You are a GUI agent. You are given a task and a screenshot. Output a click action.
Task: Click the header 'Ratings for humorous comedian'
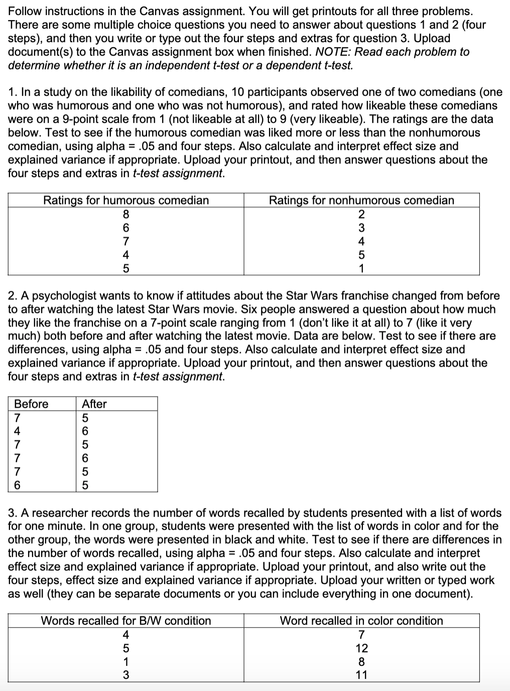point(125,200)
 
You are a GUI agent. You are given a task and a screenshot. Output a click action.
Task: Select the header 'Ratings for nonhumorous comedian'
point(361,200)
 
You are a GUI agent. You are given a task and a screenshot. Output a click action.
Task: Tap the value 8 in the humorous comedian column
point(126,214)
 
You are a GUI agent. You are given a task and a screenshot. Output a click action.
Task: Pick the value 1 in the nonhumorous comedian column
point(361,268)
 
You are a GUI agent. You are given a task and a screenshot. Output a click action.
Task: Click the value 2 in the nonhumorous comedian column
point(361,214)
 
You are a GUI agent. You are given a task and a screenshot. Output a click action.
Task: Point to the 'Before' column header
point(31,404)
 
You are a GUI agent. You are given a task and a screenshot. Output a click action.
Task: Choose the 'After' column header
point(94,404)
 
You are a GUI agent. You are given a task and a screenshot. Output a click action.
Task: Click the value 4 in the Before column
point(18,431)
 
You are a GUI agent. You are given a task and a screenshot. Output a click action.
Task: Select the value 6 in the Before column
point(18,485)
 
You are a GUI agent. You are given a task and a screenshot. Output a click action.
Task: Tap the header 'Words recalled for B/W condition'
point(125,620)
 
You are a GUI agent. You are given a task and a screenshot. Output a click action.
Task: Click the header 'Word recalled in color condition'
point(361,620)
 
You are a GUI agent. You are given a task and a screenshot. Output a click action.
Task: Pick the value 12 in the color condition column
point(361,647)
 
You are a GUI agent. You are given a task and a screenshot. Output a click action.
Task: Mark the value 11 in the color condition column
point(361,674)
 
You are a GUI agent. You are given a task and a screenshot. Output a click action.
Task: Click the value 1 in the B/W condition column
point(126,661)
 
